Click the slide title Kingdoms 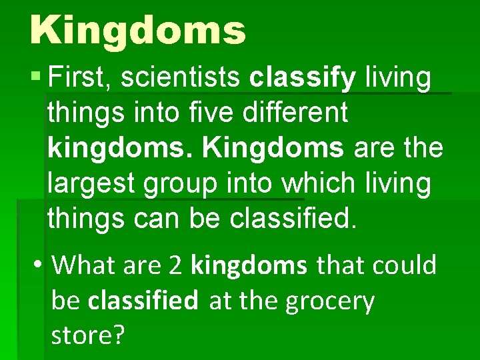(137, 30)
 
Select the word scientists (178, 77)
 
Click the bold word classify (303, 77)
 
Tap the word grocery (329, 301)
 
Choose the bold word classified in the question (143, 301)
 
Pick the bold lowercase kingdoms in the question (249, 265)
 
